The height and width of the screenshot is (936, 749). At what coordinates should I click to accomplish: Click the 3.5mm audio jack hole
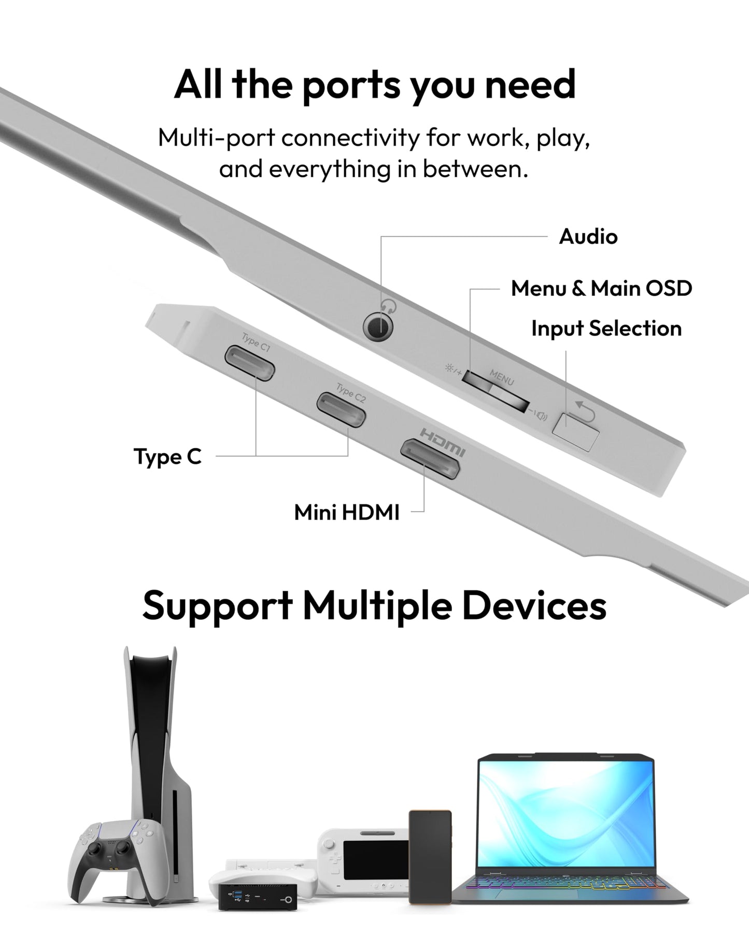[378, 328]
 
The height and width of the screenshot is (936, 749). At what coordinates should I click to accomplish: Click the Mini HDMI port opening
[430, 458]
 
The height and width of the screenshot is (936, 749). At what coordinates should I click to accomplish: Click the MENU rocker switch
[496, 391]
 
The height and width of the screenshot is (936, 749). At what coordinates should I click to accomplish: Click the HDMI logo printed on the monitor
[443, 441]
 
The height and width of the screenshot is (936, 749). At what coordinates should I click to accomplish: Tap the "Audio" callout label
[588, 237]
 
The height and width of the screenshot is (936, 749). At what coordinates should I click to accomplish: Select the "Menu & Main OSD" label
[601, 288]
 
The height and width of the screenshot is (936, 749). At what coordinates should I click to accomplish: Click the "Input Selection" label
[606, 329]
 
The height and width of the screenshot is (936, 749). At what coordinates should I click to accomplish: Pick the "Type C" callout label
[167, 457]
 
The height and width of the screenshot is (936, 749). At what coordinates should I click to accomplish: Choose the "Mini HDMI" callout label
[347, 513]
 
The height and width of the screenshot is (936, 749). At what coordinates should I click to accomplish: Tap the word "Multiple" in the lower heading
[377, 605]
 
